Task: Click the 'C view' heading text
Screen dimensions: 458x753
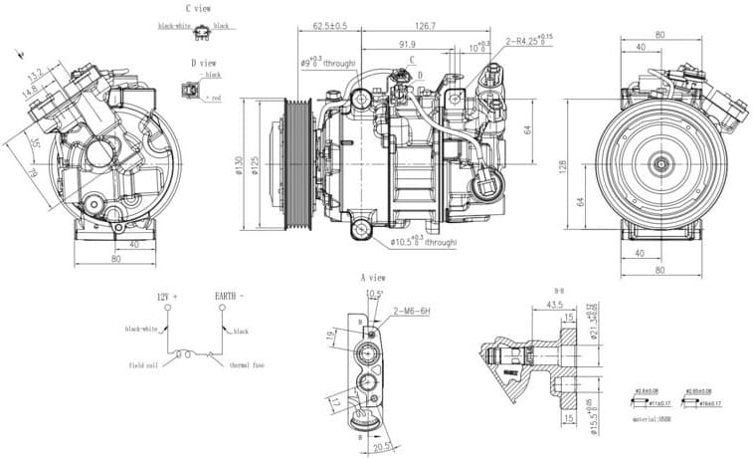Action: click(x=197, y=9)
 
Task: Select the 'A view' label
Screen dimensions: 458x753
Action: click(x=372, y=277)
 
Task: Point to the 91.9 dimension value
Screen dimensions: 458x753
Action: click(x=407, y=45)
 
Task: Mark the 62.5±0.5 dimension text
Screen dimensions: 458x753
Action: click(x=329, y=26)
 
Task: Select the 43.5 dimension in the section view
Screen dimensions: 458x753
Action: click(x=556, y=304)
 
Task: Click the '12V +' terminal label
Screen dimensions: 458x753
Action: click(x=167, y=297)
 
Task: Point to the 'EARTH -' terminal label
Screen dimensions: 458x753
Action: click(x=229, y=297)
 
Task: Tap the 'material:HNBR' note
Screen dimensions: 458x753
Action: click(x=654, y=421)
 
